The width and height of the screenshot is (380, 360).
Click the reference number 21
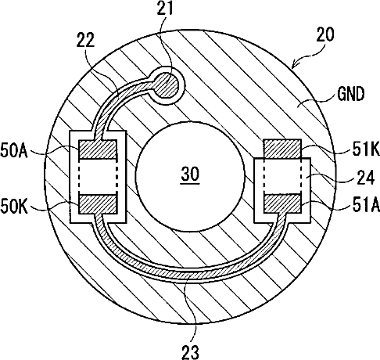[x=165, y=8]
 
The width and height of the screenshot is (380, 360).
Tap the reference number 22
[x=85, y=41]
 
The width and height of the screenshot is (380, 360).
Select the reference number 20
[x=325, y=34]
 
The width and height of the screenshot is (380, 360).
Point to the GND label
[x=350, y=94]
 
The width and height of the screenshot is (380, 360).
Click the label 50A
[x=14, y=150]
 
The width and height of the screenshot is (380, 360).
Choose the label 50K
[x=14, y=207]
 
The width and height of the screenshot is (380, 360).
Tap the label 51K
[x=366, y=149]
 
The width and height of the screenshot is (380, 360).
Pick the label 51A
[x=366, y=205]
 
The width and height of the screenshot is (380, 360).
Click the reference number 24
[x=366, y=177]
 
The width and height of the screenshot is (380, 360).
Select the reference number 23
[x=191, y=352]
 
